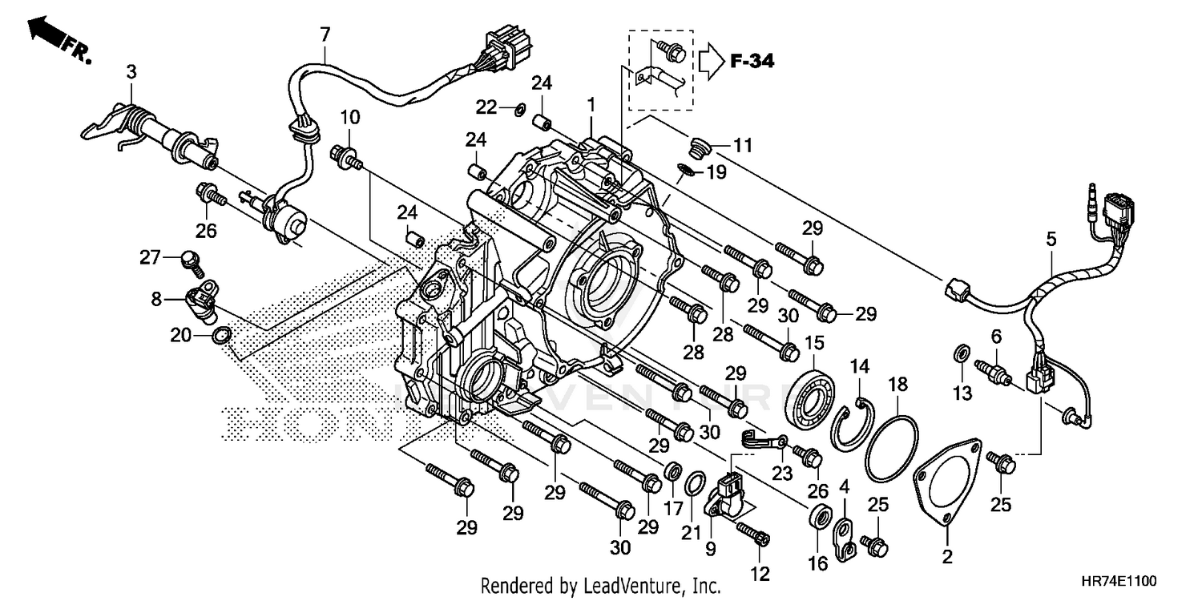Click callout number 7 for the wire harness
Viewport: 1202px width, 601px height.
tap(324, 34)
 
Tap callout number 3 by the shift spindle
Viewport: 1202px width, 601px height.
tap(131, 72)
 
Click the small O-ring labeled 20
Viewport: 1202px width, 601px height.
tap(222, 334)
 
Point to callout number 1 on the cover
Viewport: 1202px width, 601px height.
tap(591, 104)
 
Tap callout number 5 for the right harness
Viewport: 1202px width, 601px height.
tap(1051, 239)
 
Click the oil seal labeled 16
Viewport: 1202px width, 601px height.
tap(818, 517)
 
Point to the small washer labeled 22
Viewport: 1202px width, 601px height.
tap(518, 107)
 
